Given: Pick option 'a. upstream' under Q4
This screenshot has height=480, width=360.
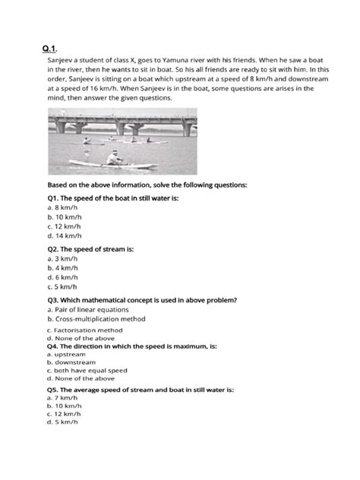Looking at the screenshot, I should coord(65,354).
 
